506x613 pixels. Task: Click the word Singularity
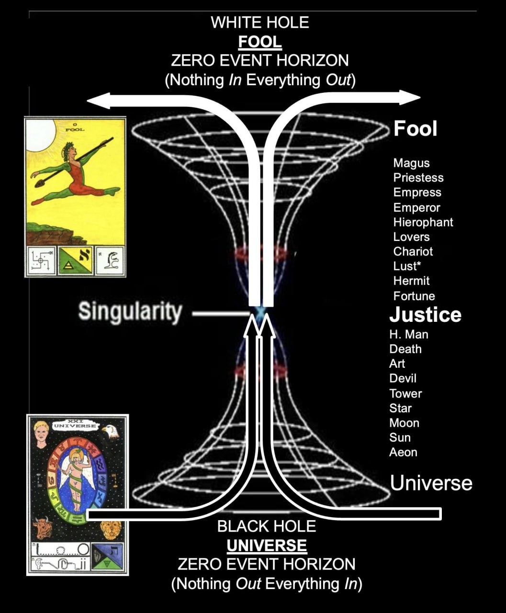130,312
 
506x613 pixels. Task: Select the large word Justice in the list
425,315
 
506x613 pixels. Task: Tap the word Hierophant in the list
423,222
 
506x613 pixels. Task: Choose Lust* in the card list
407,266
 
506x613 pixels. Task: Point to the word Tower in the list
405,394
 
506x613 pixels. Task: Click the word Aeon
403,452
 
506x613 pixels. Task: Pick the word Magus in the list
411,163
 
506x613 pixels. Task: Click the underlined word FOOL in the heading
260,42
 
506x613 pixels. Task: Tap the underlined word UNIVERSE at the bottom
267,545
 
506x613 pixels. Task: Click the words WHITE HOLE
260,23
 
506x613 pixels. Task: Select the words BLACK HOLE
267,526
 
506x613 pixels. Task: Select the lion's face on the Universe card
110,530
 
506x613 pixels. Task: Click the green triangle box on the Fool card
75,261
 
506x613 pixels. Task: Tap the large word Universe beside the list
431,483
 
